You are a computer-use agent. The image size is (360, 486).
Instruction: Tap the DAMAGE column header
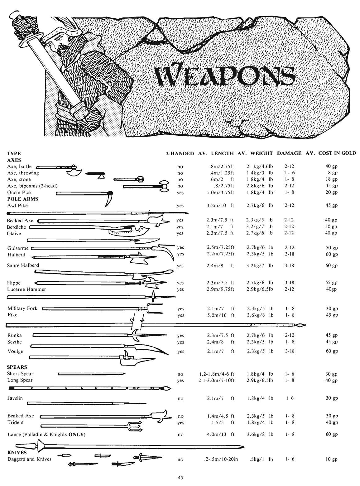pos(289,153)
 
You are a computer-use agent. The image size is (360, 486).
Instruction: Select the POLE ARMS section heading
pos(22,199)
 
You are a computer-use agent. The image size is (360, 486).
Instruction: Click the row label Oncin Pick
pos(19,192)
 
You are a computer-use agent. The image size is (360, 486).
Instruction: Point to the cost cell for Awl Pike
pos(331,206)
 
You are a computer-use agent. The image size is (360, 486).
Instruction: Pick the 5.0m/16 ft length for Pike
pos(220,315)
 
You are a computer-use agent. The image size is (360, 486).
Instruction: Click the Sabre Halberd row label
pos(23,265)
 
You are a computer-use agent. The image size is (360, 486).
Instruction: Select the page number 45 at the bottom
pos(180,478)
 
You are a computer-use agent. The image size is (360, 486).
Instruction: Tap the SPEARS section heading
pos(17,367)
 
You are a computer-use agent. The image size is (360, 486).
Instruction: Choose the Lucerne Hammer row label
pos(26,289)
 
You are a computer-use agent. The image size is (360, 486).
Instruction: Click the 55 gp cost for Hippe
pos(331,283)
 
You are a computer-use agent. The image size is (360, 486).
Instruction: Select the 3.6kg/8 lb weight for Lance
pos(260,434)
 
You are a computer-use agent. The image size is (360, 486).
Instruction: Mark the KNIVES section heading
pos(17,453)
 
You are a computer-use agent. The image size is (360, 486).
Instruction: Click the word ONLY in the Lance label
pos(77,435)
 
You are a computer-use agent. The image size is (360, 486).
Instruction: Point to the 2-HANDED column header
pos(180,153)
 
